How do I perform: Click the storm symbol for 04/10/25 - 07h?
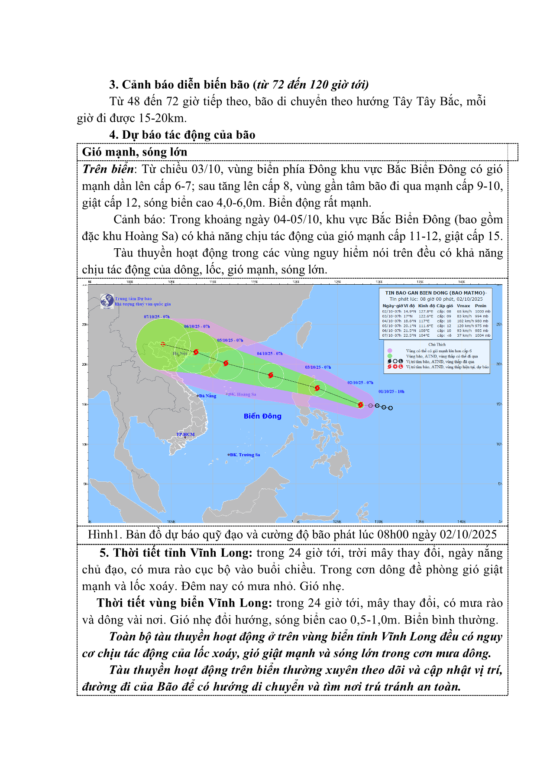(x=271, y=375)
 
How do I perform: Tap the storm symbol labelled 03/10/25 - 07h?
(x=317, y=388)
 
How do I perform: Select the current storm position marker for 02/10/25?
(x=361, y=405)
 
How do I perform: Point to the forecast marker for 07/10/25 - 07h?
(x=163, y=344)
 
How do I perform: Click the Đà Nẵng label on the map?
(x=207, y=396)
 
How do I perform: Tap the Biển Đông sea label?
(x=262, y=416)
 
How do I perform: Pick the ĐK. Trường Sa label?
(x=245, y=455)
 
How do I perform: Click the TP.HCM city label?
(x=185, y=434)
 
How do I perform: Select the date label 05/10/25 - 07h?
(x=230, y=341)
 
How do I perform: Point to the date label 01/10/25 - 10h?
(x=391, y=392)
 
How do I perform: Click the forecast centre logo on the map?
(x=107, y=301)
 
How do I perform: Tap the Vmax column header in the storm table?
(x=463, y=305)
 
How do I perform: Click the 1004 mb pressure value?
(x=482, y=335)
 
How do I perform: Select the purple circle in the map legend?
(x=390, y=351)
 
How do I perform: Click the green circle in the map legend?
(x=390, y=356)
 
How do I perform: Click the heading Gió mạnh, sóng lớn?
(x=135, y=152)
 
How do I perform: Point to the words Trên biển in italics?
(x=108, y=169)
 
